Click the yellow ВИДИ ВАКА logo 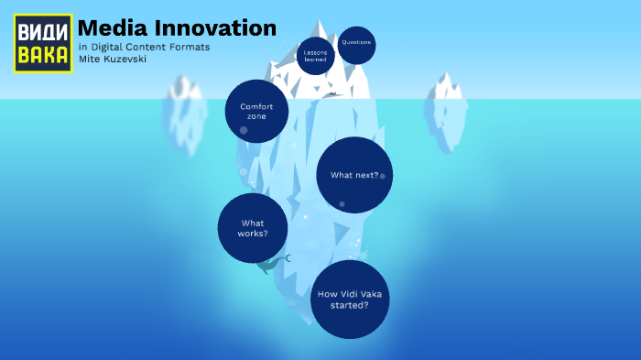pyautogui.click(x=43, y=43)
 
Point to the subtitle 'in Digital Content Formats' pyautogui.click(x=144, y=47)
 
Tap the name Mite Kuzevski pyautogui.click(x=113, y=59)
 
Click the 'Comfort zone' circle pyautogui.click(x=257, y=111)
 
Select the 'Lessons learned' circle pyautogui.click(x=316, y=56)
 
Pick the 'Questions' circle pyautogui.click(x=356, y=44)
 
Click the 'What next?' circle pyautogui.click(x=354, y=175)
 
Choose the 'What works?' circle pyautogui.click(x=253, y=228)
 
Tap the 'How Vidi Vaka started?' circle pyautogui.click(x=350, y=300)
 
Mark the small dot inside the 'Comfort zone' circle pyautogui.click(x=244, y=130)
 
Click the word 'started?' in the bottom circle pyautogui.click(x=350, y=306)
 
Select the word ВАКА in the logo pyautogui.click(x=43, y=56)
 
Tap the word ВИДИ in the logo pyautogui.click(x=43, y=30)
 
